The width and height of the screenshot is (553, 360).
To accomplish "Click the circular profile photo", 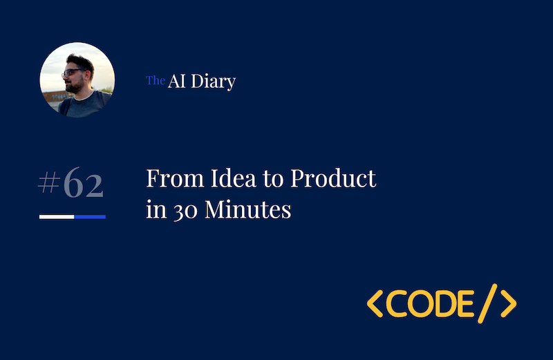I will tap(77, 80).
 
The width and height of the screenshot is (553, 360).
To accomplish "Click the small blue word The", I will tap(155, 81).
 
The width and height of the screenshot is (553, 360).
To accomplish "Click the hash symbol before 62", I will tap(48, 184).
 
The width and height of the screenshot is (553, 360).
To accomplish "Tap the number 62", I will tap(83, 184).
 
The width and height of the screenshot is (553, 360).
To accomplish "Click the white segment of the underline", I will tap(57, 217).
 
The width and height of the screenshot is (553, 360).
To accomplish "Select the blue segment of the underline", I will tap(90, 217).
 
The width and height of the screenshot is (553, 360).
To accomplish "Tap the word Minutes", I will tap(250, 209).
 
